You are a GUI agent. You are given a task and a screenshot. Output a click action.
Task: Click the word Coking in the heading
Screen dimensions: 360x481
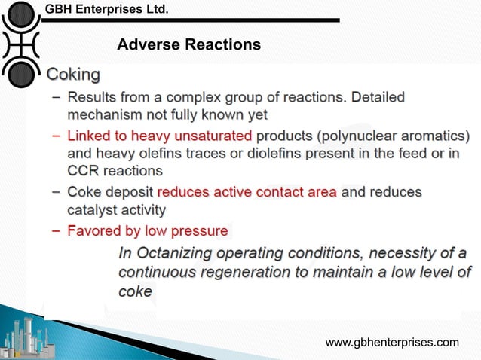73,75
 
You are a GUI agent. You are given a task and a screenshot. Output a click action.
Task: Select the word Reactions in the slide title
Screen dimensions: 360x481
223,45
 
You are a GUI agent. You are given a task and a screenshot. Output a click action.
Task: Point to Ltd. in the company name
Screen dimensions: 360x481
155,8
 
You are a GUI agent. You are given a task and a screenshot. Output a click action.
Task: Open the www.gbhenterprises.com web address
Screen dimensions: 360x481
391,343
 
